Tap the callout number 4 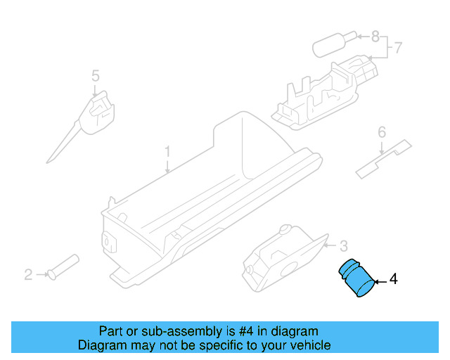pyautogui.click(x=393, y=280)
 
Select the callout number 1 pyautogui.click(x=167, y=151)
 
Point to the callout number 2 pyautogui.click(x=28, y=274)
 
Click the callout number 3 pyautogui.click(x=343, y=246)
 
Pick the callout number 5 pyautogui.click(x=95, y=75)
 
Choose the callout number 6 pyautogui.click(x=382, y=131)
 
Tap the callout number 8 pyautogui.click(x=375, y=35)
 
